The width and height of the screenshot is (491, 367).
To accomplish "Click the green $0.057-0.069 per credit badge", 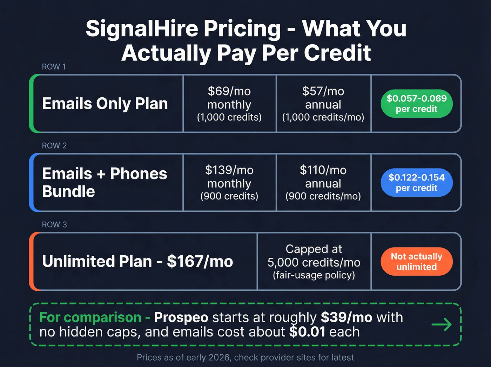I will (x=417, y=104).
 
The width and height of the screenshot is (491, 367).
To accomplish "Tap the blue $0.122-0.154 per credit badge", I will (x=417, y=183).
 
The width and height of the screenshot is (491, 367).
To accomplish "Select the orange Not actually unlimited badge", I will (x=417, y=262).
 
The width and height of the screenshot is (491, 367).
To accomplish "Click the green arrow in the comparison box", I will (x=442, y=325).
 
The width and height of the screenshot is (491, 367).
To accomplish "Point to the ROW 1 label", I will (x=54, y=67).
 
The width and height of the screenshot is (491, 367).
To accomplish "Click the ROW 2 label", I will (x=54, y=146).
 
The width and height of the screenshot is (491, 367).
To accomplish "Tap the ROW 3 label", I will (x=54, y=225).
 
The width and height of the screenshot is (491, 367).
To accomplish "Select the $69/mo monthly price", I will (x=229, y=91).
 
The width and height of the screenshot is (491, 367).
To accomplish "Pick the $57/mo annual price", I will (x=323, y=91).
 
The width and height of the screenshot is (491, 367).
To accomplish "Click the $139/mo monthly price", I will (x=229, y=170).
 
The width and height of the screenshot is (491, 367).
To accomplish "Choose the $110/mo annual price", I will (x=323, y=170).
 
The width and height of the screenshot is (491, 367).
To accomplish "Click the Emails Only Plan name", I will (x=105, y=104).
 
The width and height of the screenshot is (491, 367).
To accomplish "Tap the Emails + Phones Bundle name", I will (x=105, y=183).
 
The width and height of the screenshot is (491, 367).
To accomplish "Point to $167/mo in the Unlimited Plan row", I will (x=200, y=262).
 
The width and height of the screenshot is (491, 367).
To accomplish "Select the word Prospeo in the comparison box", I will (x=181, y=317).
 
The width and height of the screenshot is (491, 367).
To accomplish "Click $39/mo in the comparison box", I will (x=347, y=317).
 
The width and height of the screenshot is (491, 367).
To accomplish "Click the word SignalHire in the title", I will (x=143, y=28).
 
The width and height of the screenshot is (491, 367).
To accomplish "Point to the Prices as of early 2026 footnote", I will (x=245, y=358).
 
